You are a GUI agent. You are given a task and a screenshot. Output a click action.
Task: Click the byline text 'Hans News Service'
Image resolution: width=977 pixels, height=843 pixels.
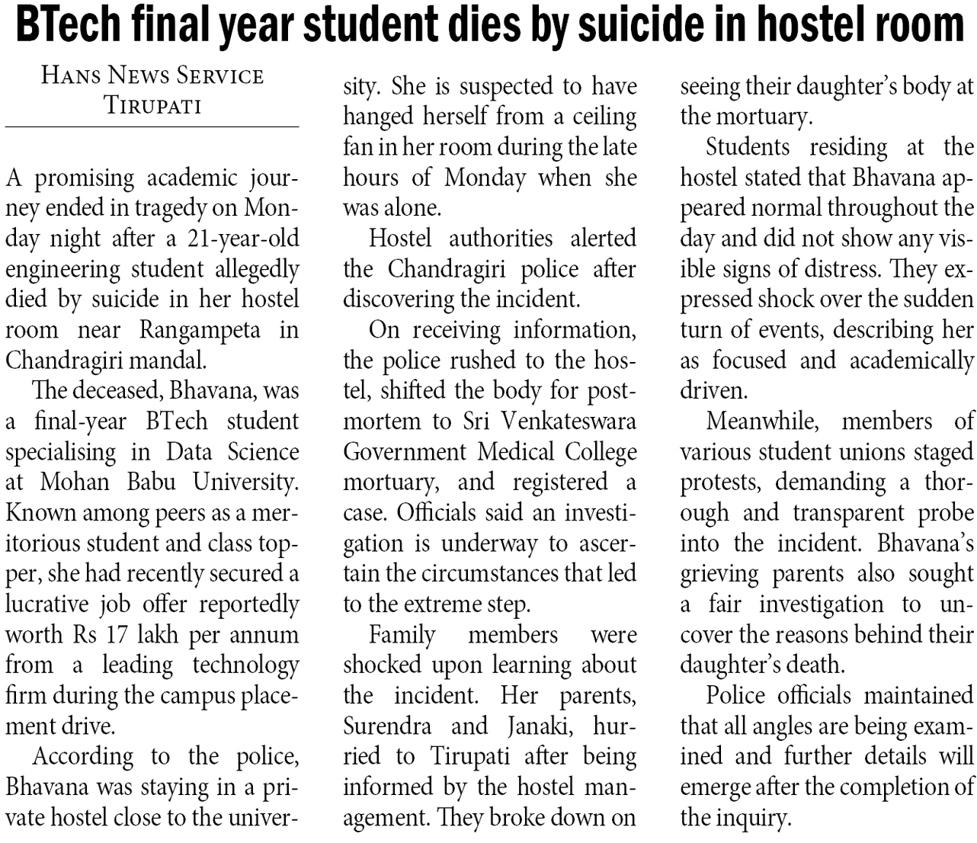pos(152,75)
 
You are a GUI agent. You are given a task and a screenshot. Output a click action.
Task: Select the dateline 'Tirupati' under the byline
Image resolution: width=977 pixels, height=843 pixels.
pos(152,104)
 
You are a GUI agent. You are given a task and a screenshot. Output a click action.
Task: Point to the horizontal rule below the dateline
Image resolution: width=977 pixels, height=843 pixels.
pos(152,127)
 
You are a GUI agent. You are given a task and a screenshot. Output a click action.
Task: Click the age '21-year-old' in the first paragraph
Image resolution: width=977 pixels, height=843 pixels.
pos(243,239)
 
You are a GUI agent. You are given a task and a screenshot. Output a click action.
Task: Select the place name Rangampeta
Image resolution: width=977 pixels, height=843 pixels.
pos(200,330)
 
